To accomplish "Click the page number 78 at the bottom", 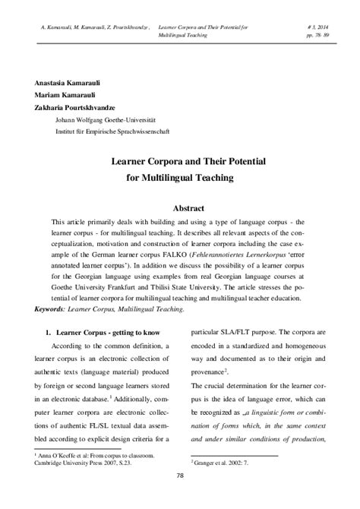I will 180,497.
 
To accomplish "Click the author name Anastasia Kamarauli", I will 65,83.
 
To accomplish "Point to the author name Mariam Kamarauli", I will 60,95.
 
